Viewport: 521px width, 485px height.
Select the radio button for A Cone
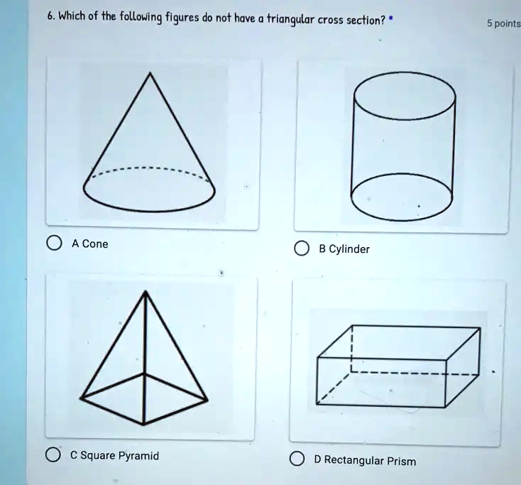(54, 243)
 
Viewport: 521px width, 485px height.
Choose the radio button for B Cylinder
(302, 249)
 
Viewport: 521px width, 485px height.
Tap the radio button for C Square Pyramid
(53, 454)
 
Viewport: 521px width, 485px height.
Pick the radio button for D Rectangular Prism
(297, 459)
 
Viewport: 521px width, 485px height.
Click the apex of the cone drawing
(150, 72)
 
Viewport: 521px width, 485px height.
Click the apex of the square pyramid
(146, 291)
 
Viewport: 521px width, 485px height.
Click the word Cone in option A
(95, 244)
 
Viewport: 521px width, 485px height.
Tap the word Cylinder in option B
(349, 249)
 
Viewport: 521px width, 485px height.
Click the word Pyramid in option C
(138, 455)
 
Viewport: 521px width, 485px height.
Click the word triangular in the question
(290, 21)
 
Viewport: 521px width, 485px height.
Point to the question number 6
(50, 16)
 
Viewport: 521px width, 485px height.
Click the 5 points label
(504, 24)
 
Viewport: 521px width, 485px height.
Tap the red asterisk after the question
(390, 18)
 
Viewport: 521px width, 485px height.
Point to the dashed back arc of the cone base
(150, 168)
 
